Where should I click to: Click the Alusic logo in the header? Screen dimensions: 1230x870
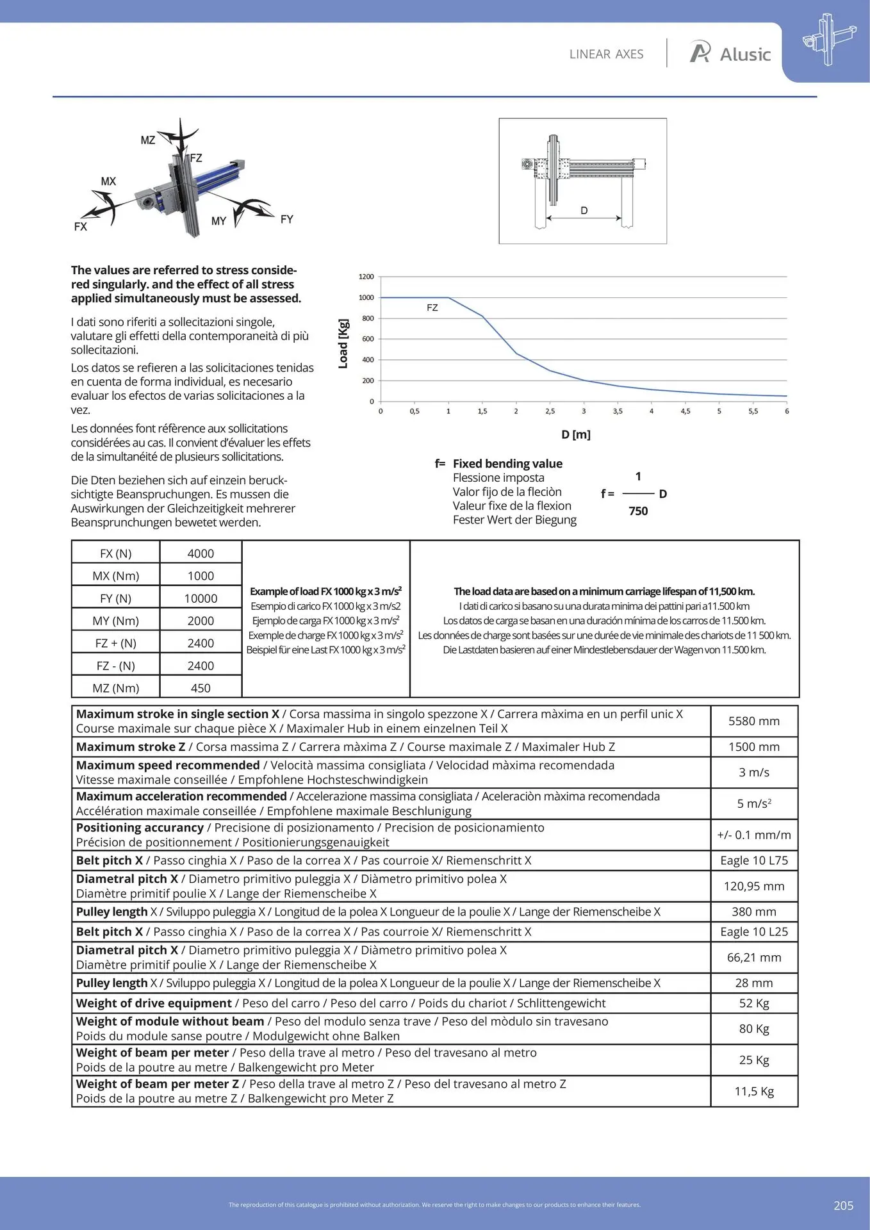click(x=730, y=54)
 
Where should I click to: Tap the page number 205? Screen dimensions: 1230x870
click(x=843, y=1206)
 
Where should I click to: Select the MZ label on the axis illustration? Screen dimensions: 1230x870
click(x=148, y=140)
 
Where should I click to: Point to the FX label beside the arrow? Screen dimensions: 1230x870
click(x=81, y=227)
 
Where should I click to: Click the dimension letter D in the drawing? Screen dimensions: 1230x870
click(x=584, y=211)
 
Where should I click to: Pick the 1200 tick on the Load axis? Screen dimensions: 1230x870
click(x=366, y=277)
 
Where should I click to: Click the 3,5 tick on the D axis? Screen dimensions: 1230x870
click(x=618, y=411)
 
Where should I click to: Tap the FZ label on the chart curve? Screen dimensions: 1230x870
click(x=432, y=308)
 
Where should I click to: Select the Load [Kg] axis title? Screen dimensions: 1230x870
click(x=343, y=343)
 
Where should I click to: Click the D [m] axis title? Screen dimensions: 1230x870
click(x=575, y=434)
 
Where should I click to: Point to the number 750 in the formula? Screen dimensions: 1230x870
click(x=638, y=511)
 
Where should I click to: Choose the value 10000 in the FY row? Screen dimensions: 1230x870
click(x=201, y=598)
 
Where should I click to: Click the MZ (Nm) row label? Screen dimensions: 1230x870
click(x=116, y=688)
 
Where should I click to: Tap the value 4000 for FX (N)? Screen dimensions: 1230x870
click(x=201, y=553)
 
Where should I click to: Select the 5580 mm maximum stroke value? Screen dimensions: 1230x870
click(x=753, y=721)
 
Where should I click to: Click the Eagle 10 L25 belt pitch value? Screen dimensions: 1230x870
click(x=753, y=932)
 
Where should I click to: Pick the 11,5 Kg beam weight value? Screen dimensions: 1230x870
click(x=753, y=1092)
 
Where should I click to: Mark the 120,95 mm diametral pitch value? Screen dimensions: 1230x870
click(x=753, y=887)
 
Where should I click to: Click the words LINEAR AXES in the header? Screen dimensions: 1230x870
click(x=606, y=54)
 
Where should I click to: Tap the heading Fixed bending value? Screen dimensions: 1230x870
click(x=507, y=464)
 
